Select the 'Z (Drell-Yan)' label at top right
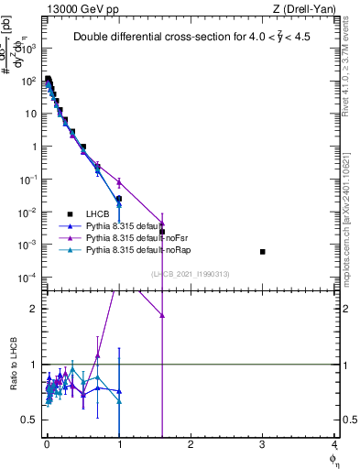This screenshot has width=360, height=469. pos(309,9)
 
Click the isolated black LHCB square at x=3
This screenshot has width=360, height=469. pos(263,251)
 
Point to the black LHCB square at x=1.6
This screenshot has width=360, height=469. pos(162,232)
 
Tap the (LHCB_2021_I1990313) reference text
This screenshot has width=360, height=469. pos(190,274)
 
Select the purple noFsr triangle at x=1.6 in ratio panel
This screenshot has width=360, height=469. pos(162,315)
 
